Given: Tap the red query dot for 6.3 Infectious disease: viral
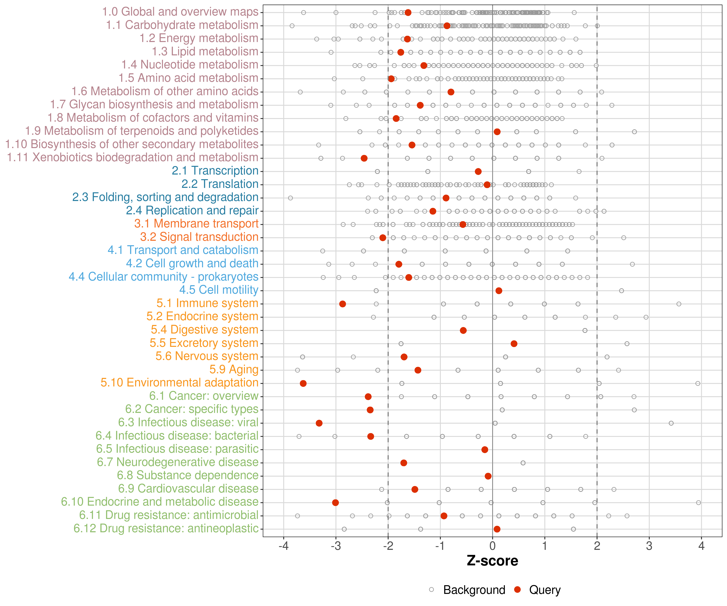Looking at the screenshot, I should pyautogui.click(x=319, y=423).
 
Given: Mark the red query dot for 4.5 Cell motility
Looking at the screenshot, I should pyautogui.click(x=499, y=290).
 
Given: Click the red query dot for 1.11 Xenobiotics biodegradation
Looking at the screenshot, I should pyautogui.click(x=364, y=158).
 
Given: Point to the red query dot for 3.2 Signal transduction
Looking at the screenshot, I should pyautogui.click(x=382, y=238).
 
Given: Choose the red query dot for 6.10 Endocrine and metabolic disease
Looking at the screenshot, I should pyautogui.click(x=335, y=502).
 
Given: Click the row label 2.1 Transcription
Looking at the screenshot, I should pyautogui.click(x=215, y=171).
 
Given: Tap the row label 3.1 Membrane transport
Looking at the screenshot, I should pyautogui.click(x=196, y=224).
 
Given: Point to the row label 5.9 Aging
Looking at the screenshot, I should pyautogui.click(x=234, y=369).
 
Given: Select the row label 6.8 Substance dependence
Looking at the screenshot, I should pyautogui.click(x=188, y=476).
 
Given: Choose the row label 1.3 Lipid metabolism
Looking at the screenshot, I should pyautogui.click(x=205, y=52).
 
